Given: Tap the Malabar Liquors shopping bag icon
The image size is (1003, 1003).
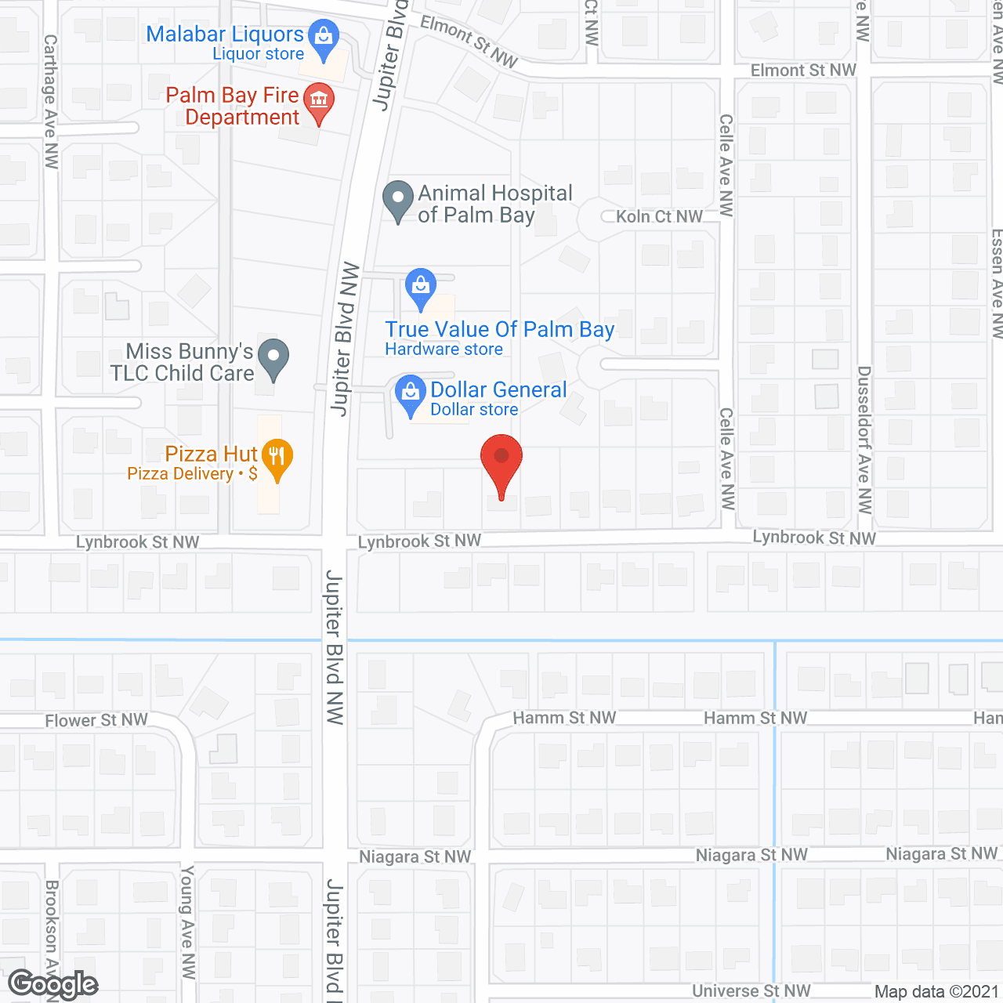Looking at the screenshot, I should tap(323, 37).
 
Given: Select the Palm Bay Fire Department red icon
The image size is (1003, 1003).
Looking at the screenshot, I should tap(318, 101).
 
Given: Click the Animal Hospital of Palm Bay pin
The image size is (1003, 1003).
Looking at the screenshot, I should tap(398, 199).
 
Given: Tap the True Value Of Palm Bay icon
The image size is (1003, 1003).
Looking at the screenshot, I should tap(421, 287).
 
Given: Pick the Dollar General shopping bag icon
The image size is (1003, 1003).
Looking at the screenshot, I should tap(410, 393).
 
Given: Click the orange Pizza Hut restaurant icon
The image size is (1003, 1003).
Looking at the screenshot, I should tap(277, 458).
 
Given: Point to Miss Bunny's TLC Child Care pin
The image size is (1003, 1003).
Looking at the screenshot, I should tap(273, 357).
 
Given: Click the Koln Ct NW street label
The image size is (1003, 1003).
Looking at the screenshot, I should tap(659, 216).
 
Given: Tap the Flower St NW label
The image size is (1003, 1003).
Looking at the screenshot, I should tap(96, 720).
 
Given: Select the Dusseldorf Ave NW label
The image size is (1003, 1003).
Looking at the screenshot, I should tap(864, 439).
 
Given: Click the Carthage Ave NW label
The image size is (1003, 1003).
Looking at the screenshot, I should tap(51, 101).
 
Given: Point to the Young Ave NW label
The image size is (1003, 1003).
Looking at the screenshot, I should tap(187, 922).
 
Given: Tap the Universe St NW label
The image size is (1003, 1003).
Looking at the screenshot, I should tap(751, 991).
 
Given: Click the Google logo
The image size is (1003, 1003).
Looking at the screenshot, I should tap(53, 984).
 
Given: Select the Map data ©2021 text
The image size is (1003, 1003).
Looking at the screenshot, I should tap(936, 992).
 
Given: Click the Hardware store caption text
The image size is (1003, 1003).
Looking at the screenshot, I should tap(444, 349).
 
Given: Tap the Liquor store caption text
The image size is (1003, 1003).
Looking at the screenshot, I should tap(258, 54).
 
